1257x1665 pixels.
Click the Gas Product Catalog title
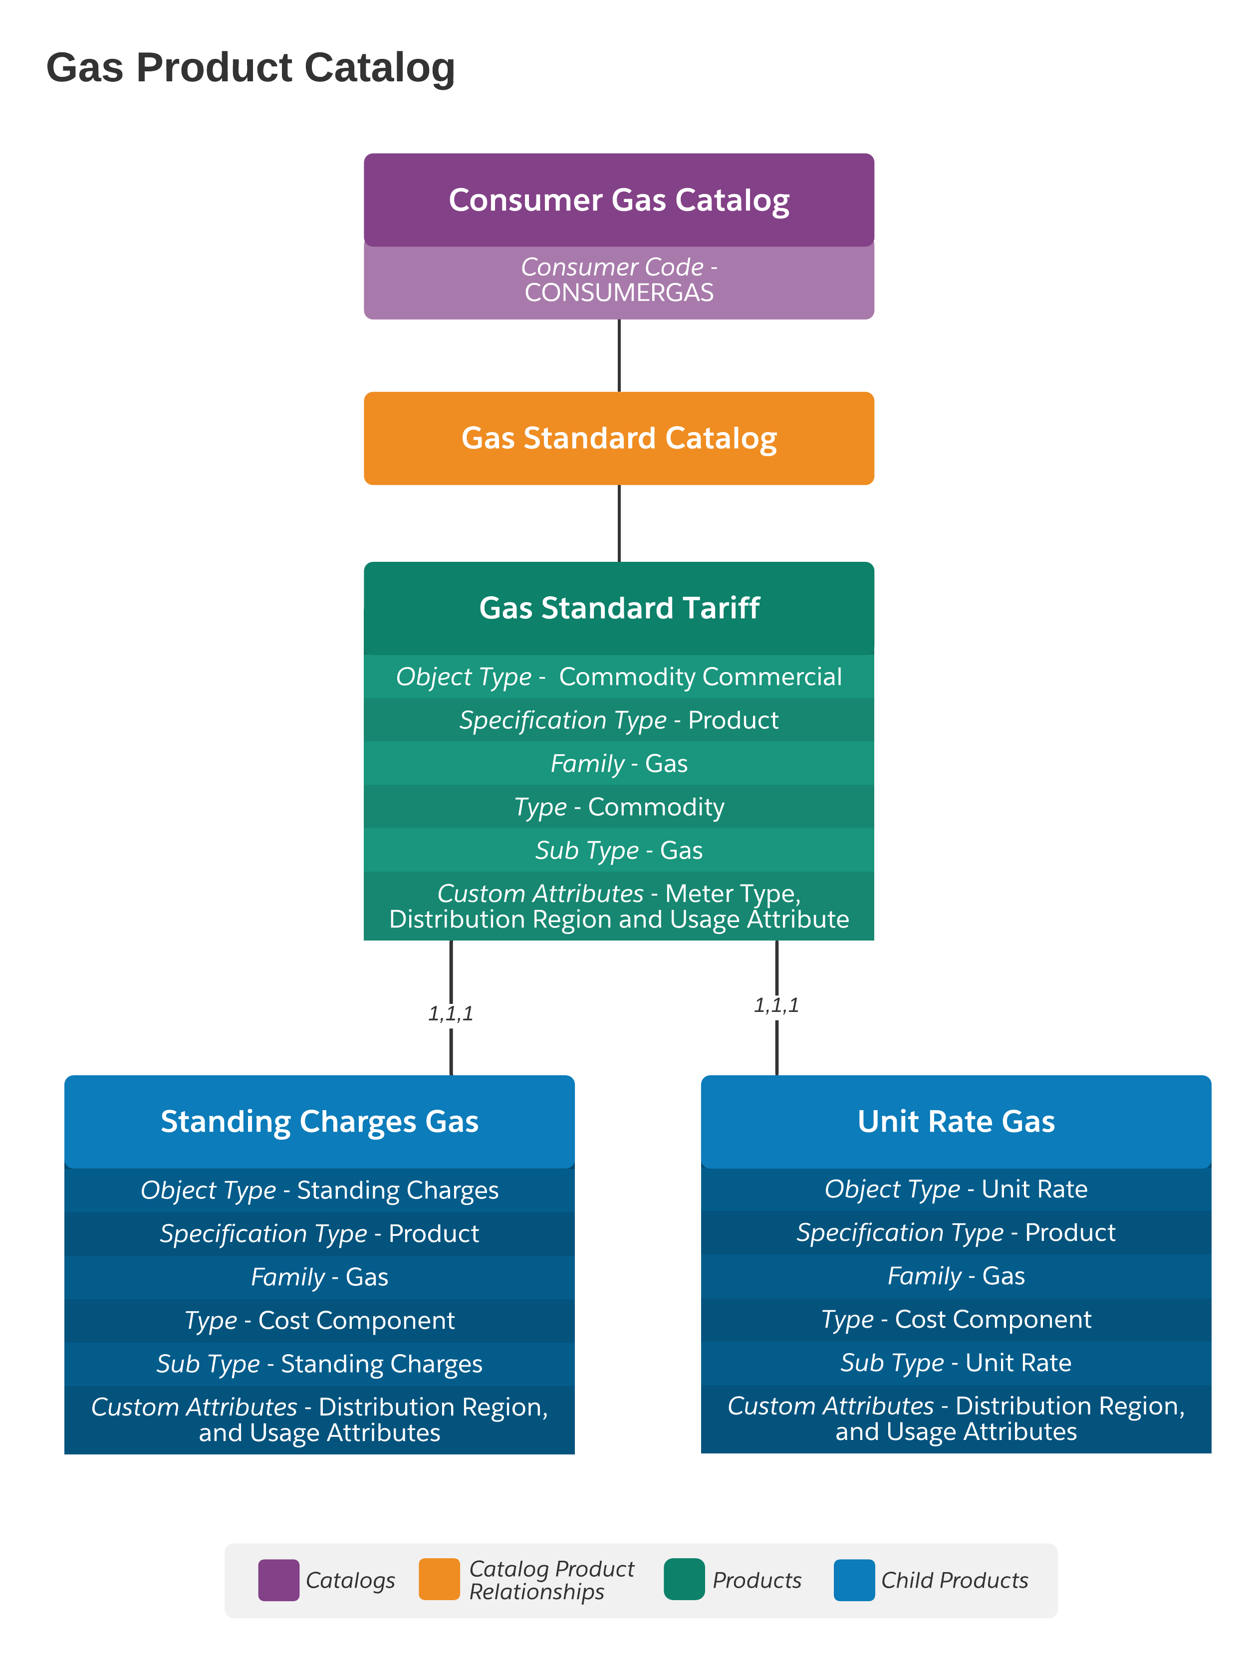click(250, 68)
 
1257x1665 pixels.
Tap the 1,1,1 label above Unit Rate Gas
click(776, 1005)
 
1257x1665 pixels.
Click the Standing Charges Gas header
click(319, 1122)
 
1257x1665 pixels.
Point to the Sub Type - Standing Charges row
click(319, 1364)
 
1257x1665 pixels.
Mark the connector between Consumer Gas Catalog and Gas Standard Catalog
click(619, 355)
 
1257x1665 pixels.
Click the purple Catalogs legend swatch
click(278, 1580)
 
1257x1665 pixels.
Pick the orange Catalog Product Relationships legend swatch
click(439, 1579)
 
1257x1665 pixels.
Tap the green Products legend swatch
click(684, 1579)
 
